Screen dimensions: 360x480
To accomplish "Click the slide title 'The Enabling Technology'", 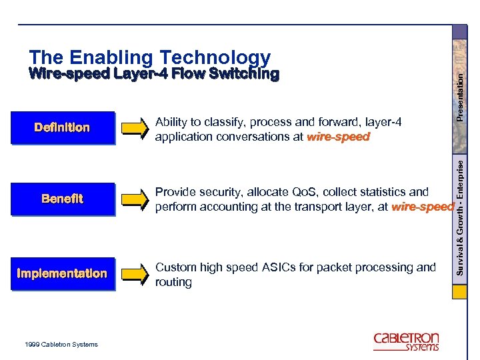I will point(150,58).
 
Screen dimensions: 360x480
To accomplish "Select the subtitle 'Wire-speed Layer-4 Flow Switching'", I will point(154,74).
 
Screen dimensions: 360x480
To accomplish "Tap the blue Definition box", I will point(62,127).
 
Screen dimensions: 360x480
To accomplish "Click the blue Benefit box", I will point(62,199).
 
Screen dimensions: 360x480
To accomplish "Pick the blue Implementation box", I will point(62,273).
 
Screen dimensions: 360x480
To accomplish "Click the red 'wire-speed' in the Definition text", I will point(338,137).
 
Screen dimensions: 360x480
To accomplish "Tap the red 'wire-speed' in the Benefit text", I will point(423,207).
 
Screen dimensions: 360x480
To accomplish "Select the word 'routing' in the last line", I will point(173,282).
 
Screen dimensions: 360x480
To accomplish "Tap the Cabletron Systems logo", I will point(406,341).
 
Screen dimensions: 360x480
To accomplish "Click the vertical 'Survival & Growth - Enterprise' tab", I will point(460,217).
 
